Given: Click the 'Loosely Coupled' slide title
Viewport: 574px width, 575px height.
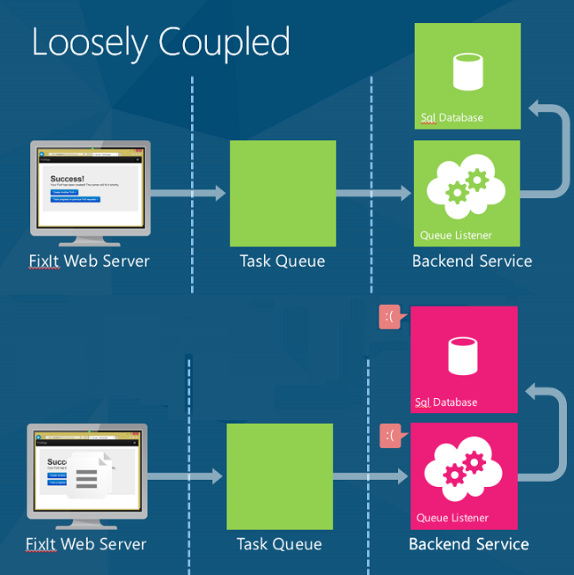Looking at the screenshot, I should coord(161,42).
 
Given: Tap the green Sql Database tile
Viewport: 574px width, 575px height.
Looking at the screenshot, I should coord(467,77).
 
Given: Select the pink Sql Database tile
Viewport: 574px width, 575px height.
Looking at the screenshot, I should coord(464,359).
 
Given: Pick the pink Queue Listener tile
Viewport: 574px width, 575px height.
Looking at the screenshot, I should coord(464,475).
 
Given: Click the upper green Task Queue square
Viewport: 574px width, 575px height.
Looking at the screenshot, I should coord(283,194).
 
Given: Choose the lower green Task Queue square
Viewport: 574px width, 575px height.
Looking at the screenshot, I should coord(279,476).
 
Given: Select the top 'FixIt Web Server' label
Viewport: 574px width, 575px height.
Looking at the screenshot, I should coord(89,261).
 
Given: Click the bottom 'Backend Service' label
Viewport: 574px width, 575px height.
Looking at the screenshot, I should coord(468,544).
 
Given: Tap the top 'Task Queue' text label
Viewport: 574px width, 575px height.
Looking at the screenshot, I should coord(283,261).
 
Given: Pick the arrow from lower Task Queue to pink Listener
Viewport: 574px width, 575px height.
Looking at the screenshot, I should coord(371,476).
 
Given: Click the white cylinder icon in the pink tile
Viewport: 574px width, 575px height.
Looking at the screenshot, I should coord(464,354).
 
